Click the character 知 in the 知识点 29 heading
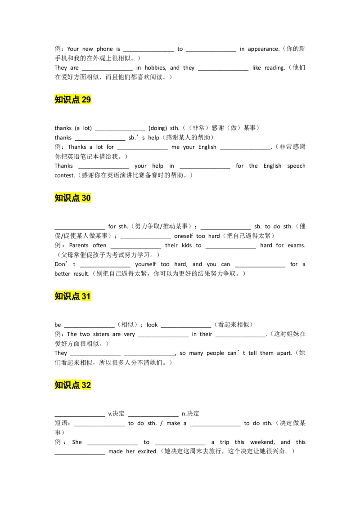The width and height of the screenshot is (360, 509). tap(59, 100)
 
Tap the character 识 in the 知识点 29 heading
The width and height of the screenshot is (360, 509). tap(67, 100)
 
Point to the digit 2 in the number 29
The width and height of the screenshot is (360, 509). tap(84, 100)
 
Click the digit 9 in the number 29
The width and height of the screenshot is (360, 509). tap(89, 100)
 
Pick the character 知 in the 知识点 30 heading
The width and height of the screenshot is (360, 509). tap(59, 198)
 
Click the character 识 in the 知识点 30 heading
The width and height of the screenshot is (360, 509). tap(67, 198)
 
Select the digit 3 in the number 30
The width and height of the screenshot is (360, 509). tap(84, 198)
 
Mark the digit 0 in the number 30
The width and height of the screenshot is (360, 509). tap(89, 198)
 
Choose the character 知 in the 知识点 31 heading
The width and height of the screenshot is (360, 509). tap(59, 296)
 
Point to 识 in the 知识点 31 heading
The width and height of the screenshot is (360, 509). tap(67, 296)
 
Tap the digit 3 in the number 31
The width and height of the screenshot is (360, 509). tap(84, 296)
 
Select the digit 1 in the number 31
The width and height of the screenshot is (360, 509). tap(89, 296)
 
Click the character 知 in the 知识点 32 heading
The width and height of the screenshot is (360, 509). tap(59, 385)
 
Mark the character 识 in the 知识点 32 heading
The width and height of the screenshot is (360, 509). tap(67, 385)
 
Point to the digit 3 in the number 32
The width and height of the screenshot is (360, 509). tap(84, 385)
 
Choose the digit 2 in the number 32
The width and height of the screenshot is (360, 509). tap(89, 385)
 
